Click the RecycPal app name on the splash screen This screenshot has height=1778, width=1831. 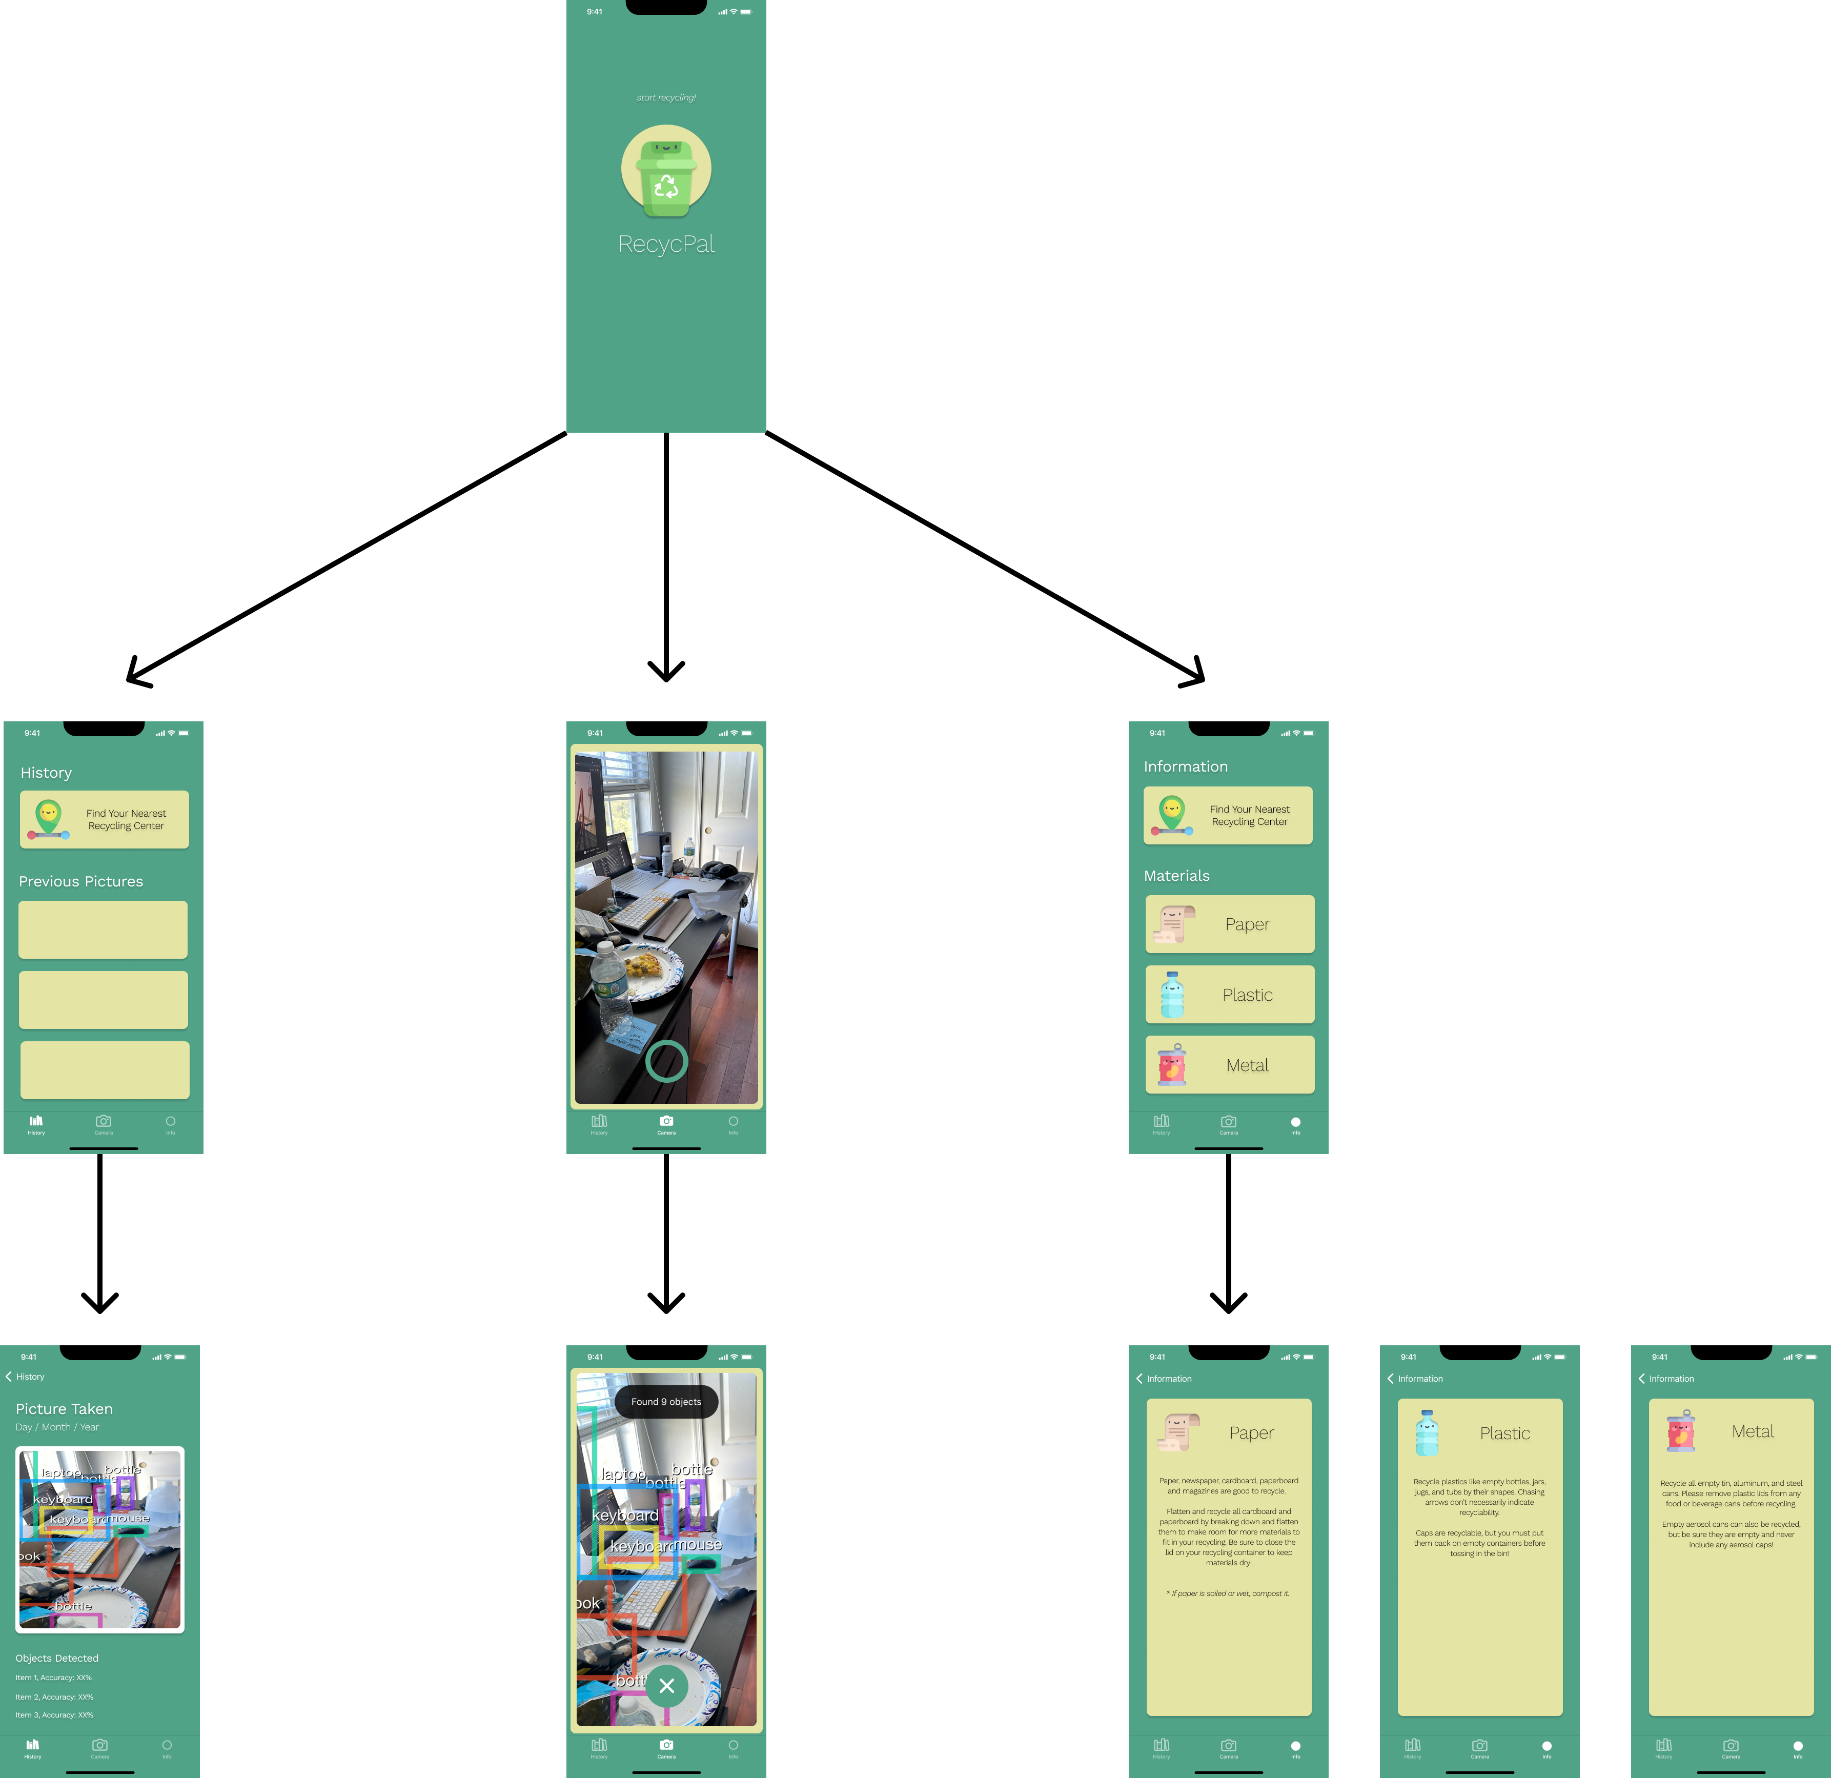(x=666, y=244)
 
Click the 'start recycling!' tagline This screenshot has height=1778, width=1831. (x=666, y=97)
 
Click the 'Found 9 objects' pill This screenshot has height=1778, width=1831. (x=666, y=1402)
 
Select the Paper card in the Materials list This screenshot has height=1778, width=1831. (x=1229, y=924)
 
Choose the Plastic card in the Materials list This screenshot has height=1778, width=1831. (x=1229, y=995)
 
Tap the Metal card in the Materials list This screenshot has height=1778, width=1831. (x=1229, y=1065)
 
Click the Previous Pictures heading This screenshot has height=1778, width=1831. (x=82, y=881)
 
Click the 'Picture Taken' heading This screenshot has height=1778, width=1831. (x=65, y=1409)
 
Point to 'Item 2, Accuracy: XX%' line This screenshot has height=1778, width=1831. (x=54, y=1696)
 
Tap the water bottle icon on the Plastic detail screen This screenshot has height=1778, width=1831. (x=1427, y=1433)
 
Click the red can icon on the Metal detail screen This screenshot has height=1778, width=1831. (x=1681, y=1431)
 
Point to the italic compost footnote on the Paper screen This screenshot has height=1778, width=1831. (x=1228, y=1593)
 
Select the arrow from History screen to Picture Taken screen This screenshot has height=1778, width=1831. (x=100, y=1234)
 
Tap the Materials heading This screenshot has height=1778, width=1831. (x=1176, y=876)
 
